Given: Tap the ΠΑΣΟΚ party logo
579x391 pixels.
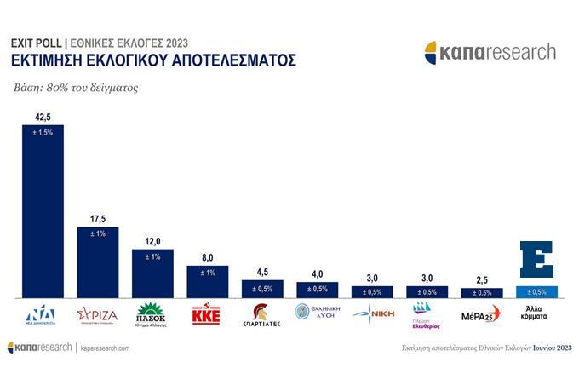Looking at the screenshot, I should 152,314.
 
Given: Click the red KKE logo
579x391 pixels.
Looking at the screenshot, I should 207,313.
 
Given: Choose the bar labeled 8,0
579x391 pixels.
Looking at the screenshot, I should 207,282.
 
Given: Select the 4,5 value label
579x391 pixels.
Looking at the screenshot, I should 262,273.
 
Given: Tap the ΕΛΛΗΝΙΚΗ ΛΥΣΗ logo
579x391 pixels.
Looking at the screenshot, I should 317,313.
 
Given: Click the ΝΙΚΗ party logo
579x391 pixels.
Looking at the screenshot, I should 372,313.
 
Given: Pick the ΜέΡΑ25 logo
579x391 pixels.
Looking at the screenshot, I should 481,313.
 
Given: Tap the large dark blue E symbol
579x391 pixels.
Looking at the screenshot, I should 536,260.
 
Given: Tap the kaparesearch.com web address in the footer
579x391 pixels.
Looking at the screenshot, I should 106,348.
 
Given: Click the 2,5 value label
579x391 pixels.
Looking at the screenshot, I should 481,280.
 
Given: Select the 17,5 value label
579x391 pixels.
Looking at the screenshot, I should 98,219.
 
